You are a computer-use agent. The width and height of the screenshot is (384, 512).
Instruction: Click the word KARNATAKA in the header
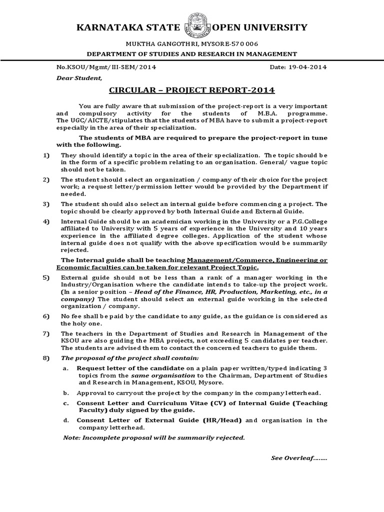pos(104,27)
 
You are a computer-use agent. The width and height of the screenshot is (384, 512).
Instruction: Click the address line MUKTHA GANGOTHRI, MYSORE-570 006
pos(192,44)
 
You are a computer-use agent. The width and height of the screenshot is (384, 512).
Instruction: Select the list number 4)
pos(46,221)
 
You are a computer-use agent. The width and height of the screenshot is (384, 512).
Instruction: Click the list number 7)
pos(46,333)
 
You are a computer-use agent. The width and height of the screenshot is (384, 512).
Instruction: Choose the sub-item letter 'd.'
pos(65,420)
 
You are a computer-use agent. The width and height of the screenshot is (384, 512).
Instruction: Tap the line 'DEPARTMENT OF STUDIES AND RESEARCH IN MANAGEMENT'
pos(192,54)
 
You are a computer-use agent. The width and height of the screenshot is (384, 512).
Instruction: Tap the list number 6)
pos(46,316)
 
